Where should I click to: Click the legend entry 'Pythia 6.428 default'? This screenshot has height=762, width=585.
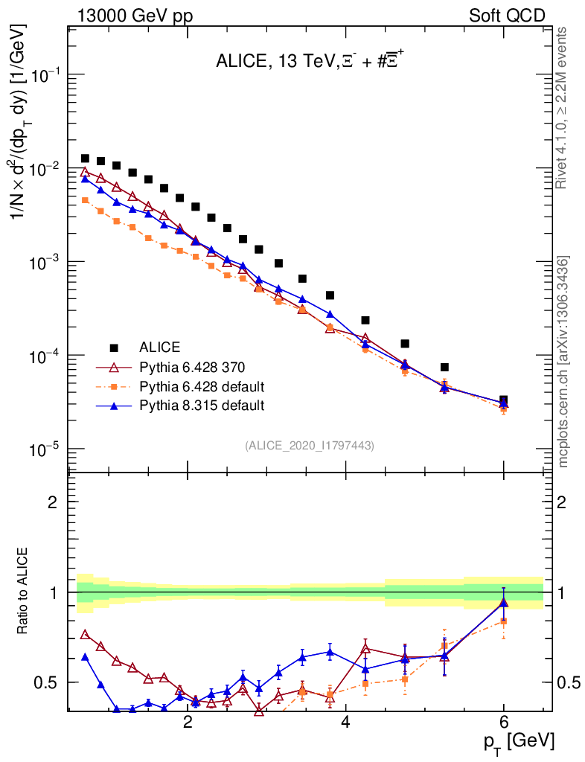pyautogui.click(x=202, y=386)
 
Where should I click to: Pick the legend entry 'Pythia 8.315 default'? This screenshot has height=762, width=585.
pyautogui.click(x=202, y=406)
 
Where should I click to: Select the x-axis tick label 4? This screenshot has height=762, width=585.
pyautogui.click(x=346, y=723)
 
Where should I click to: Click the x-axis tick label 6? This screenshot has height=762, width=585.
pyautogui.click(x=504, y=723)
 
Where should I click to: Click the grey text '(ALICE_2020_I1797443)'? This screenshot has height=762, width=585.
pyautogui.click(x=309, y=445)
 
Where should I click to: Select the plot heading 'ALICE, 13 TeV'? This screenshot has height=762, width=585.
pyautogui.click(x=271, y=63)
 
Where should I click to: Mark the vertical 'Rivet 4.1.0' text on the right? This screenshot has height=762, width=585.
pyautogui.click(x=563, y=108)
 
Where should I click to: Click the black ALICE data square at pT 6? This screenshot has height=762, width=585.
pyautogui.click(x=504, y=400)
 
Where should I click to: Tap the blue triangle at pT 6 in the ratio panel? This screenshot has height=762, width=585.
pyautogui.click(x=504, y=602)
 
